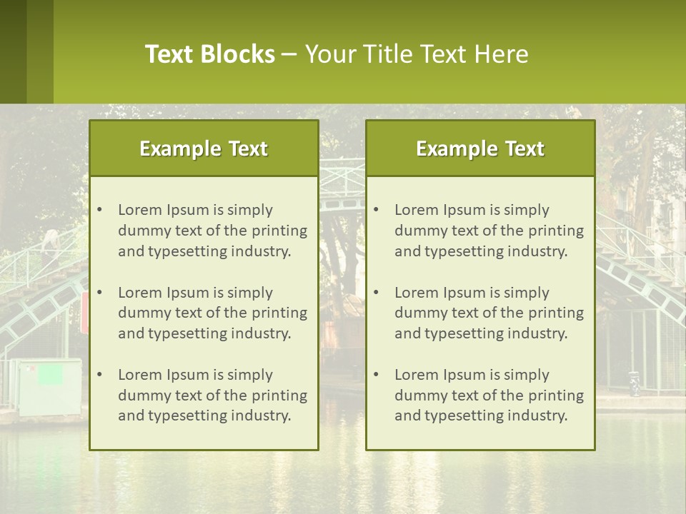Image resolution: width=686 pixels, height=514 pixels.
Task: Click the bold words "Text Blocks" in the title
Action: [209, 54]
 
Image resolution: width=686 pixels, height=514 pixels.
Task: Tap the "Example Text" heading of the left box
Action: [204, 148]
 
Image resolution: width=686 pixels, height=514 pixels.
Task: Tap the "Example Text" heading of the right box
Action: [480, 148]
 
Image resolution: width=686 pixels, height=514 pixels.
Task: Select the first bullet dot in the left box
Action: [99, 210]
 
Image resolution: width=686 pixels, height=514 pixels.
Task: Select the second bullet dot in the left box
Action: [99, 293]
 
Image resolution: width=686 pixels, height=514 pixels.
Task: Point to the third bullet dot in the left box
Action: [99, 375]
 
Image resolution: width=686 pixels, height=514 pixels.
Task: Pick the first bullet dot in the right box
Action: [376, 210]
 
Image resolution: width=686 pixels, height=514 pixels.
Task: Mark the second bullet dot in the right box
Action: [376, 293]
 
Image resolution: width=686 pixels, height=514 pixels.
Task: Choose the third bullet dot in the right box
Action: [376, 375]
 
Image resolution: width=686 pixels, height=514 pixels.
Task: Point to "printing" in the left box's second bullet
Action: [280, 313]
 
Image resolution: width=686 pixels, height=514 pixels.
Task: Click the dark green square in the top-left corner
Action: [13, 51]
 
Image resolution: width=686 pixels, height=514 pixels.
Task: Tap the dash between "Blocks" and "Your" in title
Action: [289, 54]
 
